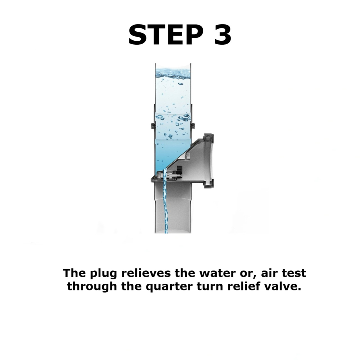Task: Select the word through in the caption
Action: point(92,287)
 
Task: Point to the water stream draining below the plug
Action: point(165,202)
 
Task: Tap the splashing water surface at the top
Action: point(173,74)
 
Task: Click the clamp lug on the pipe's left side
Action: point(153,126)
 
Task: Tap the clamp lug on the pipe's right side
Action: point(193,126)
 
